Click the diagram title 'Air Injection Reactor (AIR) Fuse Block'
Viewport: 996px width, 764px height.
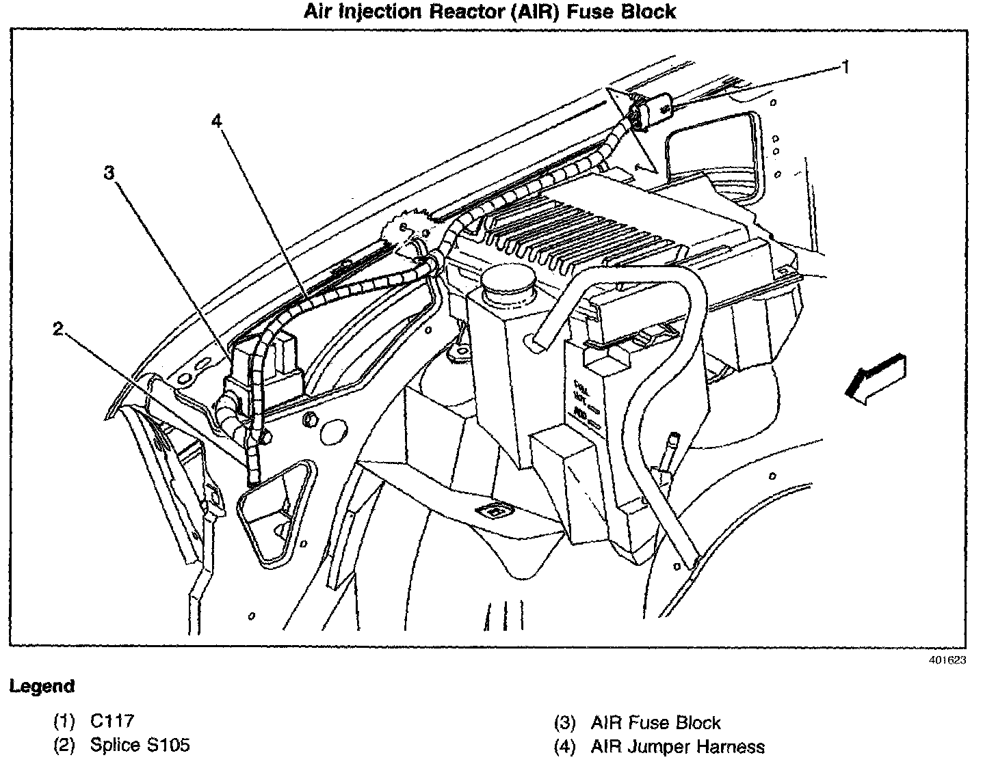click(490, 12)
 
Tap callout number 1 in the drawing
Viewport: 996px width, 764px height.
click(846, 67)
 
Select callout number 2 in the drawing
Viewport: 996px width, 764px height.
click(58, 329)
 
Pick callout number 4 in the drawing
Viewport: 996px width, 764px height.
click(216, 121)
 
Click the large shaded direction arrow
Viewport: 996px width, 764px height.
click(876, 380)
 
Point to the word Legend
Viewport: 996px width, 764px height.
click(42, 686)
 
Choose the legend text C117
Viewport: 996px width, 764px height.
click(112, 721)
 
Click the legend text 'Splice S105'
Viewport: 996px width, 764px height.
click(140, 745)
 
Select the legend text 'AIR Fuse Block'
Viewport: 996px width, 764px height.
click(655, 722)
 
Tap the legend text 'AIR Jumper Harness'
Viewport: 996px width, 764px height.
click(677, 747)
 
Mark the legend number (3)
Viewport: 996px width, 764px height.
click(565, 723)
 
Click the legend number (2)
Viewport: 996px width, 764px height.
click(64, 745)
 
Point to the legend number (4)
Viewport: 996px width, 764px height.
click(565, 747)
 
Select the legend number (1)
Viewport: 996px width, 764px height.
click(64, 721)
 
